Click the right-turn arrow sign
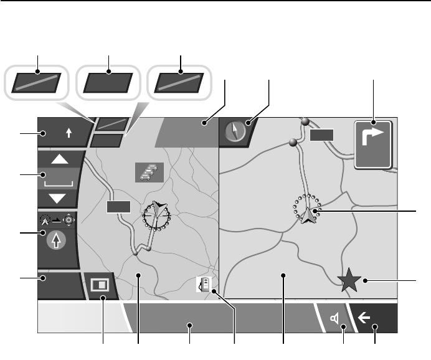[x=373, y=144]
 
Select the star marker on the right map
[x=349, y=281]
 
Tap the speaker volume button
[x=335, y=320]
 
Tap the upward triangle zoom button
[x=59, y=159]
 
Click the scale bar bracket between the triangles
[x=59, y=182]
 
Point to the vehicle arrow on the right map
[x=308, y=214]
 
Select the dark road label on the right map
[x=321, y=135]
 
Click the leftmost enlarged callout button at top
[x=38, y=83]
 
